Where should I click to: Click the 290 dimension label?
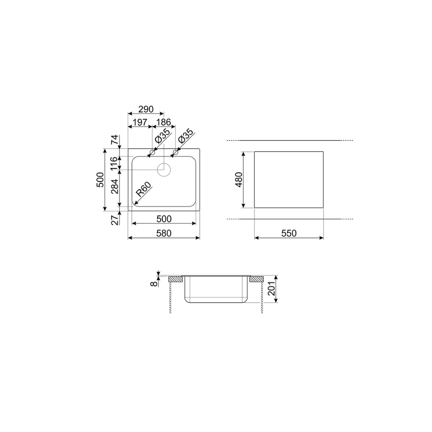(x=146, y=109)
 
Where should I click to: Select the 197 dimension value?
(x=140, y=122)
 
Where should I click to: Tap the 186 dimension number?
(x=164, y=122)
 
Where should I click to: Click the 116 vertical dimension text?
(x=114, y=163)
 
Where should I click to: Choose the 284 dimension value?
(x=114, y=187)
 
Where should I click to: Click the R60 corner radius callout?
(x=144, y=189)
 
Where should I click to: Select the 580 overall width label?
(x=164, y=233)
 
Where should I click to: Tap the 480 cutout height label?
(x=239, y=179)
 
